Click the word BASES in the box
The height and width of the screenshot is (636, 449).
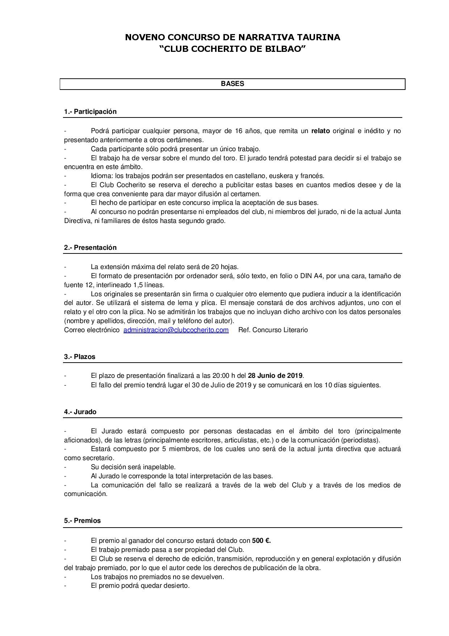pos(232,84)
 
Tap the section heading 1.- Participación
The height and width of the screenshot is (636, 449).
pos(90,112)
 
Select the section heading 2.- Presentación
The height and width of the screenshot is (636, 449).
pos(90,248)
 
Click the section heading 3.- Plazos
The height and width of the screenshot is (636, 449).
pos(80,357)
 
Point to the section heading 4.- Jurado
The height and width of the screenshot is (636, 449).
pos(80,412)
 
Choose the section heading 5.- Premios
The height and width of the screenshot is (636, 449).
pos(82,521)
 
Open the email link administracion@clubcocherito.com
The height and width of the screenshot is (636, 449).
pos(176,330)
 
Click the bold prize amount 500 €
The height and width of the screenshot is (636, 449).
pos(261,541)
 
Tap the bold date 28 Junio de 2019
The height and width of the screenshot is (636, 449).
pos(276,376)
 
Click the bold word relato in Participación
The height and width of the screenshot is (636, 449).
pos(320,131)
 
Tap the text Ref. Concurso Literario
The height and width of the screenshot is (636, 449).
pos(273,330)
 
